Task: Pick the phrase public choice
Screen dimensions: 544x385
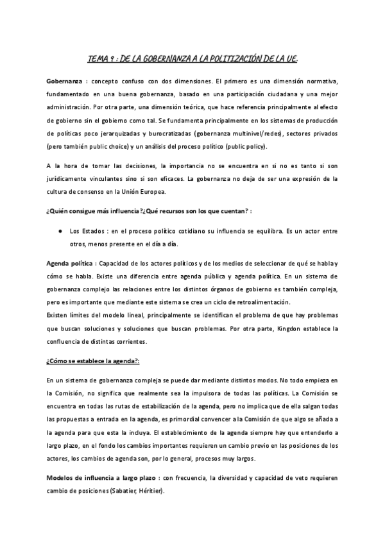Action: point(112,146)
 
